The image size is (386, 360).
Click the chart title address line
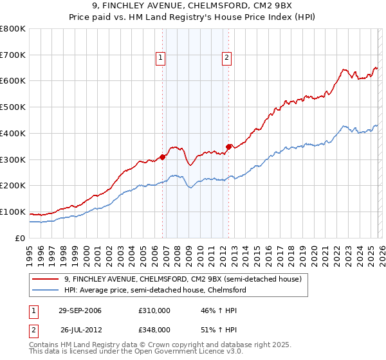pos(193,6)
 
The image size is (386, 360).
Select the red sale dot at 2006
pos(163,156)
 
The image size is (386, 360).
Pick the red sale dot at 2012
pos(229,147)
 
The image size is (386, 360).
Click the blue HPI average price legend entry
pos(155,291)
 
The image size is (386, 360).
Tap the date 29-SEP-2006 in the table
pos(80,310)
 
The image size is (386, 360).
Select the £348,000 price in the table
pos(154,329)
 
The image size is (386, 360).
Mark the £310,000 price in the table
pos(154,310)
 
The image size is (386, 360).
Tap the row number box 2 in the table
pos(34,329)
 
